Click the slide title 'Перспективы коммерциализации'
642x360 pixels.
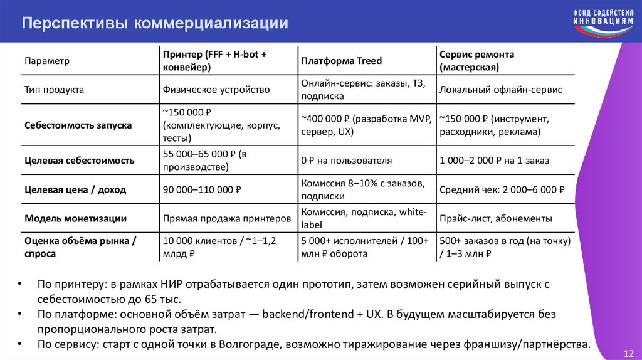tap(155, 23)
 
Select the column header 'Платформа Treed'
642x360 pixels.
tap(341, 61)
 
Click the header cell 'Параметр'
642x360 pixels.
tap(47, 61)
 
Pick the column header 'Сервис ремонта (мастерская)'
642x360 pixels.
tap(477, 61)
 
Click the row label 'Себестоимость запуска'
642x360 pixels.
tap(78, 125)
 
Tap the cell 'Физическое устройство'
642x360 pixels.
tap(216, 90)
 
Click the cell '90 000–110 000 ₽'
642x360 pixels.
tap(203, 189)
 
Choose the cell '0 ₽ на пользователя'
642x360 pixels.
tap(346, 161)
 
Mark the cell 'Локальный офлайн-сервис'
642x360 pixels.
tap(501, 90)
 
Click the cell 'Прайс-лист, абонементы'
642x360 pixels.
tap(496, 219)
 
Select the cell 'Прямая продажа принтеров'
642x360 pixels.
tap(227, 219)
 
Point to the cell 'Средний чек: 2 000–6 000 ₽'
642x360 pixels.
tap(502, 189)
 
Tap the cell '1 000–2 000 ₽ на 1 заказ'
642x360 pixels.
tap(495, 161)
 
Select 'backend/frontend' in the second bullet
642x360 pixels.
tap(302, 314)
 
